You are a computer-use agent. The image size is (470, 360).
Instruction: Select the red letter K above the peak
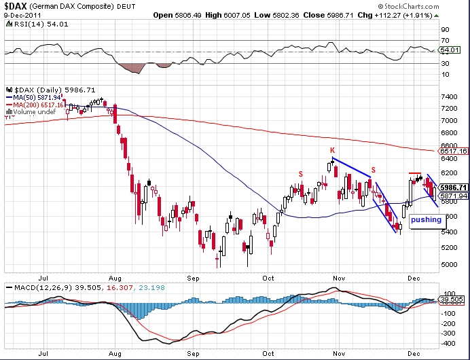pyautogui.click(x=332, y=150)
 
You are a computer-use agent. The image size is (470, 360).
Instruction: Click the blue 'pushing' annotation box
pyautogui.click(x=426, y=219)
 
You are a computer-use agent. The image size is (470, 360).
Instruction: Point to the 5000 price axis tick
pyautogui.click(x=448, y=264)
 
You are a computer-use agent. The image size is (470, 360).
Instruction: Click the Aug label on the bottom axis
pyautogui.click(x=114, y=278)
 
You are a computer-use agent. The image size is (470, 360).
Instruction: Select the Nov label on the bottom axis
pyautogui.click(x=340, y=278)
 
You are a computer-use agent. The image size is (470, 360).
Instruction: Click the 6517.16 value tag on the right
pyautogui.click(x=453, y=151)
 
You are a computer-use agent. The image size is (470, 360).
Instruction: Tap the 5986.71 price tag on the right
pyautogui.click(x=453, y=187)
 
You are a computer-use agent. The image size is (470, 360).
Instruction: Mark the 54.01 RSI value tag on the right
pyautogui.click(x=450, y=50)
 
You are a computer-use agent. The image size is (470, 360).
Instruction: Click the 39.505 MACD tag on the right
pyautogui.click(x=452, y=300)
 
